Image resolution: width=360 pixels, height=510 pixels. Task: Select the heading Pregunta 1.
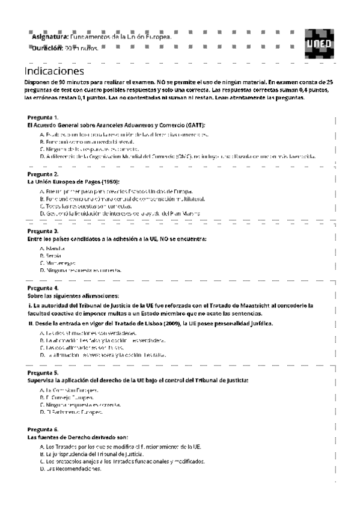tap(43, 117)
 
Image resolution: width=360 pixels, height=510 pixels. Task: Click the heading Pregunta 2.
tap(43, 174)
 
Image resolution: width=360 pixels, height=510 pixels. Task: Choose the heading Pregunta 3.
tap(43, 231)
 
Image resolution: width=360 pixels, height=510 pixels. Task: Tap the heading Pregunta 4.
tap(43, 288)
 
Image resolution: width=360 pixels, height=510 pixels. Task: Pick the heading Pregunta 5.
tap(43, 373)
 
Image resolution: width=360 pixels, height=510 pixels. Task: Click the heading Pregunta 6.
tap(43, 429)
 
